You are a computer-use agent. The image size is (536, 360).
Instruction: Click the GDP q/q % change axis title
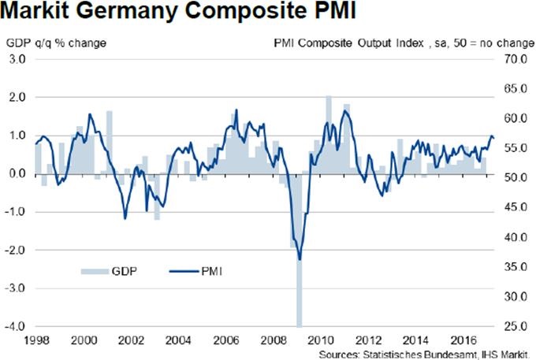coord(56,42)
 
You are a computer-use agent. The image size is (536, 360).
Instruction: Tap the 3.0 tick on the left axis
coord(18,59)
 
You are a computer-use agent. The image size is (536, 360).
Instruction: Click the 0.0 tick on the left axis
coord(18,173)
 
